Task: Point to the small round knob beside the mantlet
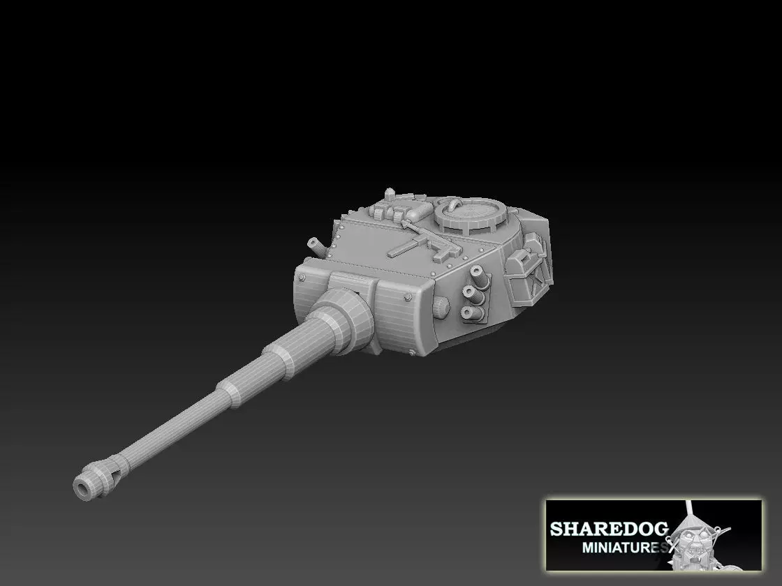(441, 306)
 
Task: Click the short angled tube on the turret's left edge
(316, 244)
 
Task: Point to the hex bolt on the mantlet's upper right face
(407, 298)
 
